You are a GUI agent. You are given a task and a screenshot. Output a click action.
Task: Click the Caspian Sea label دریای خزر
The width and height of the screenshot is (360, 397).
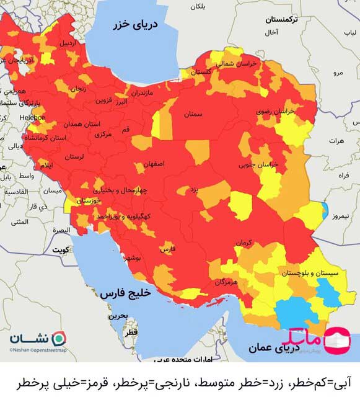click(x=136, y=25)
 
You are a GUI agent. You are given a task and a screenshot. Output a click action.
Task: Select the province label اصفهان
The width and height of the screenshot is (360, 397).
click(x=154, y=164)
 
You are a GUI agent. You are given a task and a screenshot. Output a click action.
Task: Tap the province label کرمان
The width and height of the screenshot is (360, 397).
click(x=242, y=243)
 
